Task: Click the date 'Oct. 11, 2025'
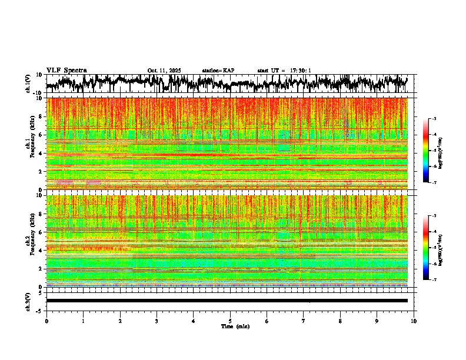[164, 71]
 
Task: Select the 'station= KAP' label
[218, 71]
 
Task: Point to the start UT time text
[284, 71]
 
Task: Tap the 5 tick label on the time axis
[230, 321]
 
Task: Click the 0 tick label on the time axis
[46, 321]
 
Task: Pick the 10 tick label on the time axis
[414, 321]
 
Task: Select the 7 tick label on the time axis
[304, 321]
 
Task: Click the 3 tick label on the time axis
[157, 321]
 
